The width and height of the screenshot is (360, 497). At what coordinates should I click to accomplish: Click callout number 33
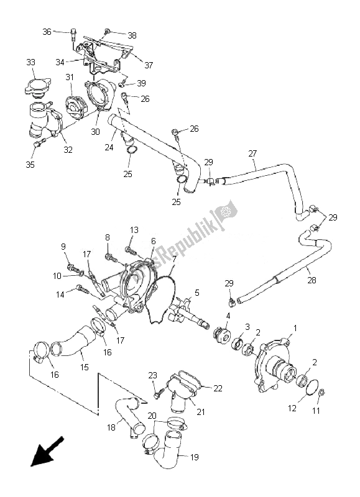point(30,62)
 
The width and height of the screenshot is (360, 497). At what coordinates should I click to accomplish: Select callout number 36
point(47,32)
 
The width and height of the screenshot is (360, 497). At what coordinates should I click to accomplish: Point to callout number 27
point(252,153)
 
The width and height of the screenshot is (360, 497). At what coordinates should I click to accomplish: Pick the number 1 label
point(296,327)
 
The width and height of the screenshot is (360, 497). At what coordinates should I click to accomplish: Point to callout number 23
point(151,375)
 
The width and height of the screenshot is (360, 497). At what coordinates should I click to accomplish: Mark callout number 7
point(175,258)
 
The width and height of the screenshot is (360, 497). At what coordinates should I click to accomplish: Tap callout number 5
point(196,292)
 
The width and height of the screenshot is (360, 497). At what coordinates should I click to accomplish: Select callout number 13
point(134,230)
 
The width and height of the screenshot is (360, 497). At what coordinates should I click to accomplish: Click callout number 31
point(70,77)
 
